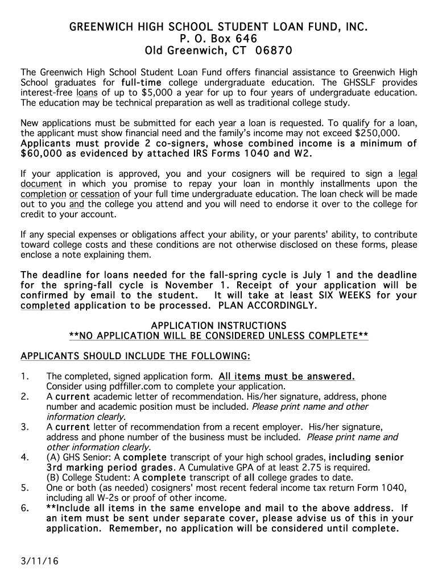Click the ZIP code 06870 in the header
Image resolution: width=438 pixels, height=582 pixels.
(x=273, y=51)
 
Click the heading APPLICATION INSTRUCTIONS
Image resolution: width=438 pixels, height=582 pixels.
(x=218, y=326)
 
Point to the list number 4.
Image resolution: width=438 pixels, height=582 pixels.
(x=24, y=458)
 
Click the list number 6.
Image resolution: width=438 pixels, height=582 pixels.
(x=24, y=508)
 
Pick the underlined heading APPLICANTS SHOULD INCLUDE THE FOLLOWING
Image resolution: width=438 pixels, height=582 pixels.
(x=135, y=356)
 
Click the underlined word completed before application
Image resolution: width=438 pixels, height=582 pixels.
(x=46, y=306)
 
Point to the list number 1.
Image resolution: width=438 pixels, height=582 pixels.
(x=24, y=376)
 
